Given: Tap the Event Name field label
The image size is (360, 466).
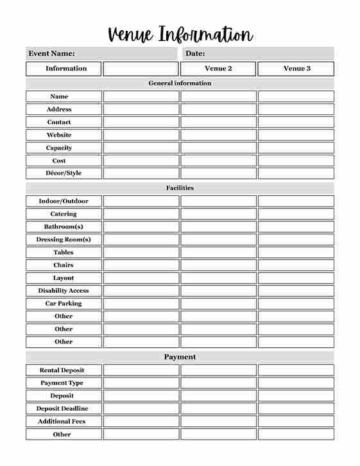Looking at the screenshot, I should (51, 54).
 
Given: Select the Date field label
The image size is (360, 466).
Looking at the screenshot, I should (195, 54).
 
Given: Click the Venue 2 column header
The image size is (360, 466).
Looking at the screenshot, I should (218, 69).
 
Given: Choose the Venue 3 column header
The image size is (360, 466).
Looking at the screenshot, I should (296, 69).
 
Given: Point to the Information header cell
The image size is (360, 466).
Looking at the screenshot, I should (64, 69).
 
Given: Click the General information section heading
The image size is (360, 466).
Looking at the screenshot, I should (180, 83).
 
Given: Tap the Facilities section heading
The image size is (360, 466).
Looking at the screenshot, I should (180, 188).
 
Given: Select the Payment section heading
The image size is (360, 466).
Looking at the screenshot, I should (180, 357).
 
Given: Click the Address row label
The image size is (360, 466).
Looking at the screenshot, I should (59, 109).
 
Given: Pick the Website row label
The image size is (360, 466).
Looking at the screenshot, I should (59, 135).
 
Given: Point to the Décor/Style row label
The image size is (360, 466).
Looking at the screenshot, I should (64, 173).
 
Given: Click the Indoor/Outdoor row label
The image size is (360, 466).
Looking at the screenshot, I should (64, 201).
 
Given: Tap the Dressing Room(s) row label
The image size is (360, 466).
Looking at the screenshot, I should (64, 239).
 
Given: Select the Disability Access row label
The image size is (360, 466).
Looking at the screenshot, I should (64, 291).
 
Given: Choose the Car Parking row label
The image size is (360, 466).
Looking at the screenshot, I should (64, 304).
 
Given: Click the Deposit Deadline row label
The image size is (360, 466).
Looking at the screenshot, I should (62, 409).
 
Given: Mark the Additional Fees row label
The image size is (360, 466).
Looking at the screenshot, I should (62, 422).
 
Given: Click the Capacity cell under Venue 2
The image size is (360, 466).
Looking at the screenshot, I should (218, 148).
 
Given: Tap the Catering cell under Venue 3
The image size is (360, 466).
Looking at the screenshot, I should (296, 214).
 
